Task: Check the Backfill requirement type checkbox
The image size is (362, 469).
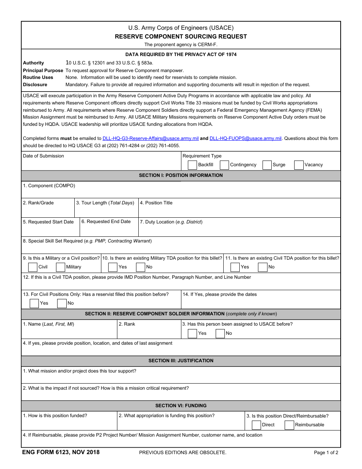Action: tap(192, 165)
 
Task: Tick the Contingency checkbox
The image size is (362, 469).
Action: tap(224, 165)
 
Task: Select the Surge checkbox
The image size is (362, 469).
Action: tap(267, 165)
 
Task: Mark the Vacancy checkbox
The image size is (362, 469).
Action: tap(299, 165)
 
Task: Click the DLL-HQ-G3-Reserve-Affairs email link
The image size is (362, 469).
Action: tap(151, 138)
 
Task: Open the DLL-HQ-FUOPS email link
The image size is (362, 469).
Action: tap(245, 138)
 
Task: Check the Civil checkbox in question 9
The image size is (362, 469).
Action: tap(33, 267)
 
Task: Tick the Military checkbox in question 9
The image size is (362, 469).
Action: tap(61, 267)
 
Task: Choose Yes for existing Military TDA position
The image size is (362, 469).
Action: tap(113, 267)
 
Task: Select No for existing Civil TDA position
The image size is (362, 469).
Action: tap(263, 267)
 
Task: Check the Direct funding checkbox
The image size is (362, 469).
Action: tap(256, 425)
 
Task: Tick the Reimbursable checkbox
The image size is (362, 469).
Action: tap(290, 425)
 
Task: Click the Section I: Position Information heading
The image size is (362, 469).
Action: tap(181, 175)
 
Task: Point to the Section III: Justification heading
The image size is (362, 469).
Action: tap(181, 361)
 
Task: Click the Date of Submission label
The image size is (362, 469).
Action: tap(43, 156)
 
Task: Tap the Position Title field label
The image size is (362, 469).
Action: tap(156, 203)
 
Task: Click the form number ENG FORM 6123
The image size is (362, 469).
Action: tap(61, 453)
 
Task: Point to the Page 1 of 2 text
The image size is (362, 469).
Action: tap(326, 453)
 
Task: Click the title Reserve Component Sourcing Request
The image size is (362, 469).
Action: tap(181, 37)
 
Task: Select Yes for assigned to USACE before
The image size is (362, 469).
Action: tap(192, 333)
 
